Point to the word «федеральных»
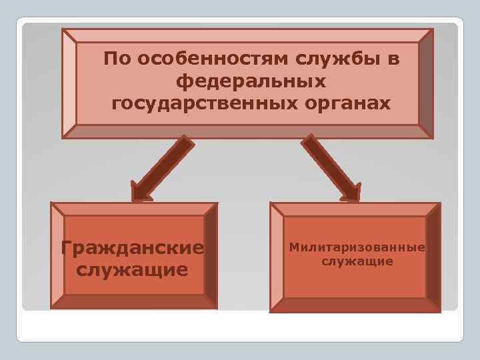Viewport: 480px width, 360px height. (x=251, y=82)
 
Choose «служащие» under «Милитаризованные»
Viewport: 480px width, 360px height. (x=357, y=261)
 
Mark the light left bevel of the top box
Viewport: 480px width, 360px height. (x=69, y=83)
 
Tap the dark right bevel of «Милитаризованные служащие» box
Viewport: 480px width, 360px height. (x=433, y=257)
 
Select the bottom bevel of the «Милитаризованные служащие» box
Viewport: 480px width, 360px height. (x=355, y=305)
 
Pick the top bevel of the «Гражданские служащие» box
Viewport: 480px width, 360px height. (x=133, y=209)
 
